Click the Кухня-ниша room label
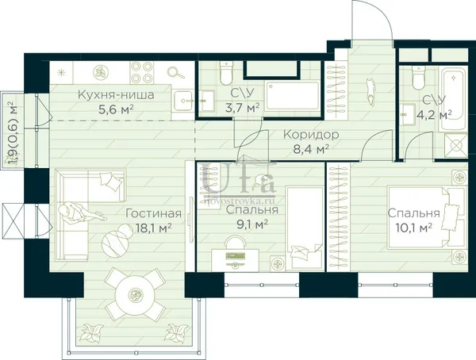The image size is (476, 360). pos(116,94)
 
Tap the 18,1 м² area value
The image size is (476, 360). pos(154,228)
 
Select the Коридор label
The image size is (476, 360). pos(311,135)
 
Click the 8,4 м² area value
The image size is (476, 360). pos(311,149)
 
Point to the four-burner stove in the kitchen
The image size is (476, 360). pos(141,72)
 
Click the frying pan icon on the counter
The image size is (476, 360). pos(175,72)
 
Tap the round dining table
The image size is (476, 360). pos(133,293)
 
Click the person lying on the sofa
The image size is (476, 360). pos(82,213)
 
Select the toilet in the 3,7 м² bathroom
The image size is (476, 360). pos(226,73)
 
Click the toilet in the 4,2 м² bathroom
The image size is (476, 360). pos(418,78)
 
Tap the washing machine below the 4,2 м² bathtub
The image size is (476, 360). pos(456,146)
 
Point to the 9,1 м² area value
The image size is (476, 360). pos(252,224)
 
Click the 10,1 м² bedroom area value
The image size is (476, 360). pos(414,228)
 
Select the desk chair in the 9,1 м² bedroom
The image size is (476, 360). pos(235,243)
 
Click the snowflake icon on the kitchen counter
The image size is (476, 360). pos(62,72)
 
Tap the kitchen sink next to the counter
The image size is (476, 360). pos(182,100)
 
